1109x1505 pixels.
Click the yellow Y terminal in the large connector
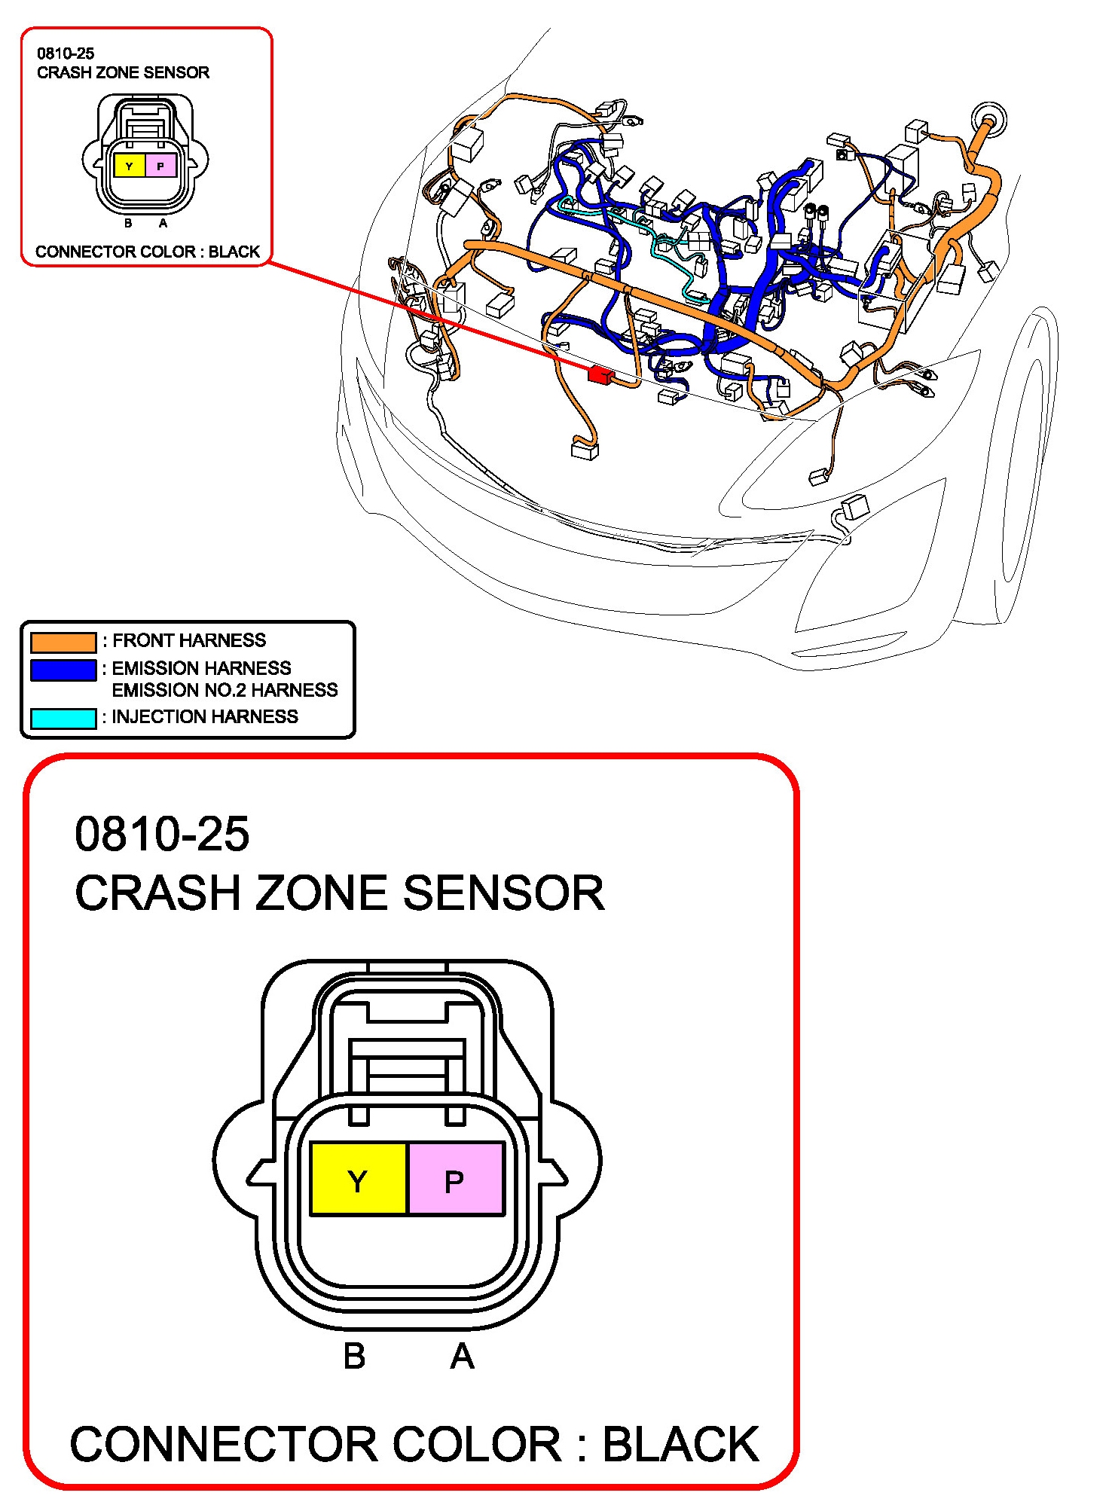[359, 1178]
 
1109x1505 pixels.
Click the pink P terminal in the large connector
[456, 1178]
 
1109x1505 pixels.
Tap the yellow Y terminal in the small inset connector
[129, 166]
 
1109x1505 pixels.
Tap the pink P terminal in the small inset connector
[160, 166]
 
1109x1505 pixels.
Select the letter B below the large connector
[354, 1357]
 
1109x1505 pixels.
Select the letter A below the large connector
[463, 1357]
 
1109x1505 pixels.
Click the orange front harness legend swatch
[63, 642]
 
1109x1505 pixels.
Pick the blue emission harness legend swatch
[63, 670]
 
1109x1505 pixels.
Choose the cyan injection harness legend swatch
[63, 719]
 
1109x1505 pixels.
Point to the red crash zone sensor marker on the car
[600, 374]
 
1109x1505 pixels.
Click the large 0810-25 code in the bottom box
[162, 835]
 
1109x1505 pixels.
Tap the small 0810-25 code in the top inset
[66, 53]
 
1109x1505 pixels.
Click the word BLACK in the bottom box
[681, 1444]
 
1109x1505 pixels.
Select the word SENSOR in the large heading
[504, 893]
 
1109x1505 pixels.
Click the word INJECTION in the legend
[158, 716]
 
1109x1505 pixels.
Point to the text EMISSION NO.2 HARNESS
[225, 690]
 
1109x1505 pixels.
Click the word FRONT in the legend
[143, 640]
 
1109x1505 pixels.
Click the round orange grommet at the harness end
[988, 119]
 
